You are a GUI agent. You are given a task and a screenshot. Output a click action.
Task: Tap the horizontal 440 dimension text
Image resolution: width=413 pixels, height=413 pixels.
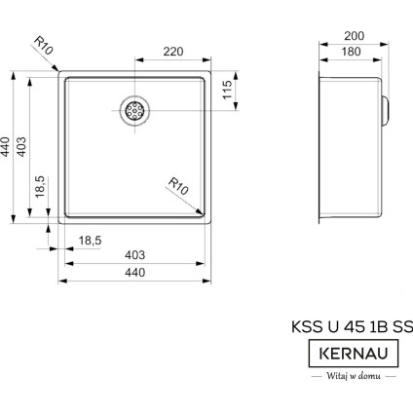(x=135, y=274)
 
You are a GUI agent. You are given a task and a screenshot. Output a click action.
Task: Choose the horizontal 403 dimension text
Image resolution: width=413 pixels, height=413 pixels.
(x=135, y=255)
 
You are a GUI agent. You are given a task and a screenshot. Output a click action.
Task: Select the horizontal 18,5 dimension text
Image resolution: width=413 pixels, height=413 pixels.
(x=90, y=239)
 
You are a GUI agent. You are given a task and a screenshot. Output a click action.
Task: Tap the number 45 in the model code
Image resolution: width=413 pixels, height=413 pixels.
(x=345, y=327)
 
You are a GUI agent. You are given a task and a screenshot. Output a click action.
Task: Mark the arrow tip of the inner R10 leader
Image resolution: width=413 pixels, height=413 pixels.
(x=202, y=208)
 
